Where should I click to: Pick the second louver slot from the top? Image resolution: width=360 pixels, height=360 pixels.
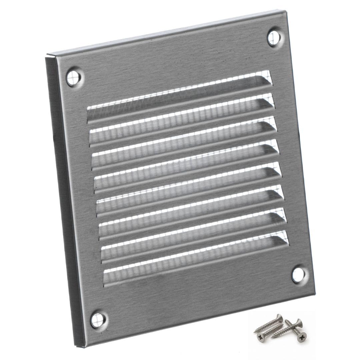(x=182, y=116)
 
